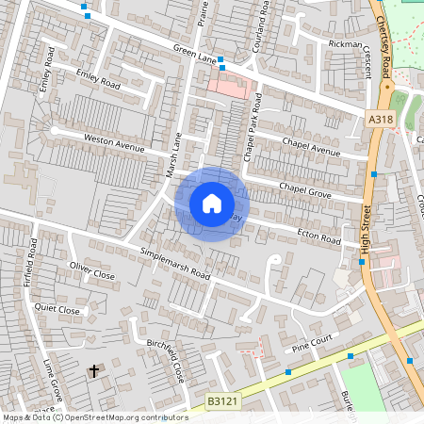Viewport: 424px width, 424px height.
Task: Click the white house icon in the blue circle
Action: coord(211,204)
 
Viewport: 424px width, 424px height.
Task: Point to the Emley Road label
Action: coord(100,79)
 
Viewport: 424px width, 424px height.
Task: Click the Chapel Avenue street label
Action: coord(312,146)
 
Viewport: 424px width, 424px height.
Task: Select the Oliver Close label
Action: coord(91,271)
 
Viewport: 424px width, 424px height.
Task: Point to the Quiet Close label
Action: coord(57,308)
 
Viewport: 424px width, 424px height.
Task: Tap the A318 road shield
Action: coord(379,118)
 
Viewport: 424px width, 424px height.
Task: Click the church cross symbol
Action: coord(93,371)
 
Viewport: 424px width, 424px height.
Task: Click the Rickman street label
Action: coord(345,43)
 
